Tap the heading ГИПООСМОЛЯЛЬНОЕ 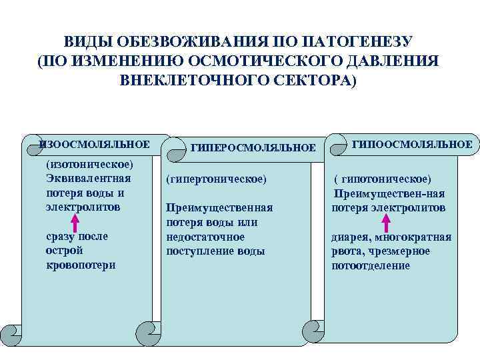tap(412, 144)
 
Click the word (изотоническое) tap(89, 165)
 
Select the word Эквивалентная tap(89, 179)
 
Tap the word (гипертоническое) tap(216, 179)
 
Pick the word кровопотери tap(81, 265)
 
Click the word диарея tap(351, 237)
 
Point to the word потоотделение tap(371, 265)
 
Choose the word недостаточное tap(205, 237)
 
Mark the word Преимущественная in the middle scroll tap(219, 208)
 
